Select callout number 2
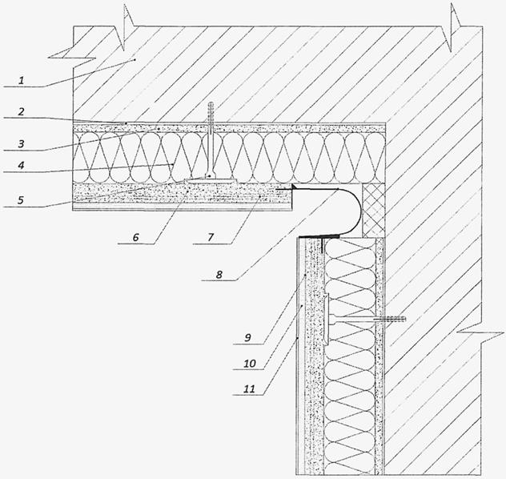24,114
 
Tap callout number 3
24,144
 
